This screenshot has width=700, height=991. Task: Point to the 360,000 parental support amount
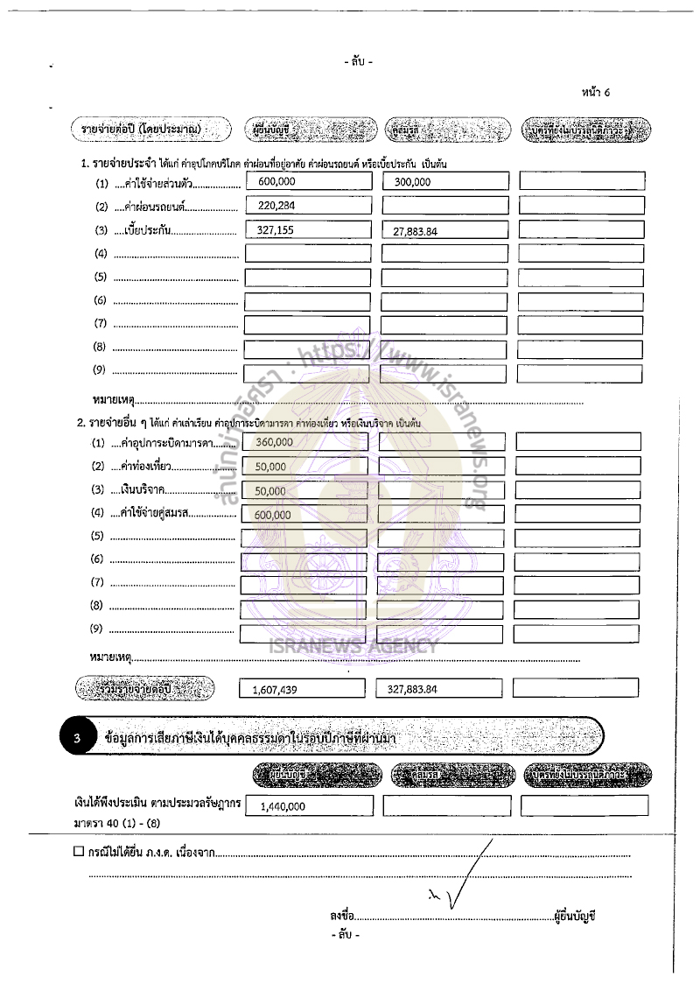tap(274, 443)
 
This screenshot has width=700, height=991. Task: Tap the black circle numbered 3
tap(77, 738)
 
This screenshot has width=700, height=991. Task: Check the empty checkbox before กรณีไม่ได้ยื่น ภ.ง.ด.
tap(79, 850)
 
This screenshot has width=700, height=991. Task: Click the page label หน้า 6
tap(594, 93)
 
